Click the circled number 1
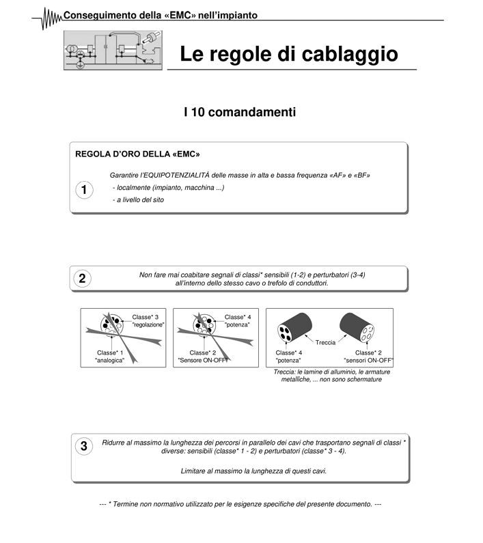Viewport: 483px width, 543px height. point(83,191)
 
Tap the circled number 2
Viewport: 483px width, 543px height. point(82,279)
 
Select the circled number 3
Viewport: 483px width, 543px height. point(83,447)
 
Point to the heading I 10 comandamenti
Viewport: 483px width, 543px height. point(240,111)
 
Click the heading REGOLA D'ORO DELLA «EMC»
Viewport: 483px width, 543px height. point(137,154)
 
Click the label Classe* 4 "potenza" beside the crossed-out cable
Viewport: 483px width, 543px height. point(238,320)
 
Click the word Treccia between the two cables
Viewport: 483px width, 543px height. point(325,342)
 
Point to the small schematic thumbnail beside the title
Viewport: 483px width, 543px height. point(110,49)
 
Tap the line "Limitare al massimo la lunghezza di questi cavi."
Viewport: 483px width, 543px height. point(253,471)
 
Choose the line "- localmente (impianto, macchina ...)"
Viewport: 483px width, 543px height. point(168,188)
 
